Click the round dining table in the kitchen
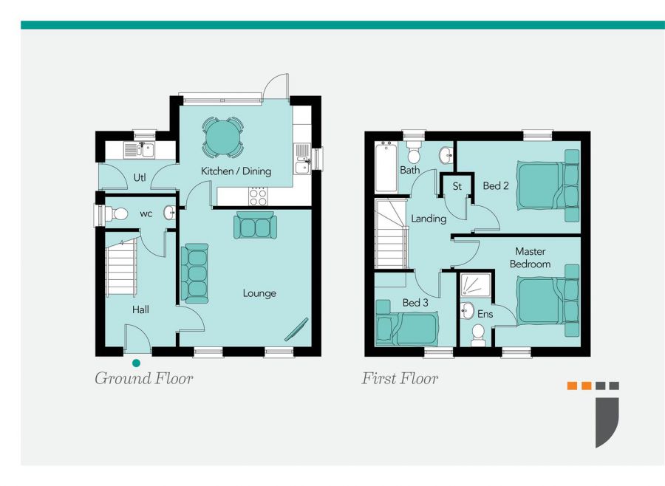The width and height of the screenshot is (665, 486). tap(223, 137)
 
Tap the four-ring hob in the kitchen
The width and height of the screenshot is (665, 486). tap(258, 196)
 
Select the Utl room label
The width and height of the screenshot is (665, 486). tap(140, 177)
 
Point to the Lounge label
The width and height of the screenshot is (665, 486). tap(259, 293)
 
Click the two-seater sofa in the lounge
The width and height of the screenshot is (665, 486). tap(256, 225)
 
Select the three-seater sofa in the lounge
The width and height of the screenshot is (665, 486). tap(194, 273)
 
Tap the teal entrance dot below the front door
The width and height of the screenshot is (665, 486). tap(136, 363)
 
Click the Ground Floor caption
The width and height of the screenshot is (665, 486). tap(144, 378)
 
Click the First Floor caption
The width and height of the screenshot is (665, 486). tap(400, 378)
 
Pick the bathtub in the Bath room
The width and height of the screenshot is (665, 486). tap(386, 167)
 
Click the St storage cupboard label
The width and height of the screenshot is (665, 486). tap(457, 186)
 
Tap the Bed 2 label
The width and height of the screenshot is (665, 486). tap(495, 185)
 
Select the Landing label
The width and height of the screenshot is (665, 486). tap(429, 219)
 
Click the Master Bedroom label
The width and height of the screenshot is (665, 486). tap(530, 258)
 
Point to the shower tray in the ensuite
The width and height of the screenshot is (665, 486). tap(476, 284)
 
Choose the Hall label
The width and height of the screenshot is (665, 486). tap(140, 309)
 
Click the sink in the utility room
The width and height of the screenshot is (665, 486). tap(140, 150)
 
